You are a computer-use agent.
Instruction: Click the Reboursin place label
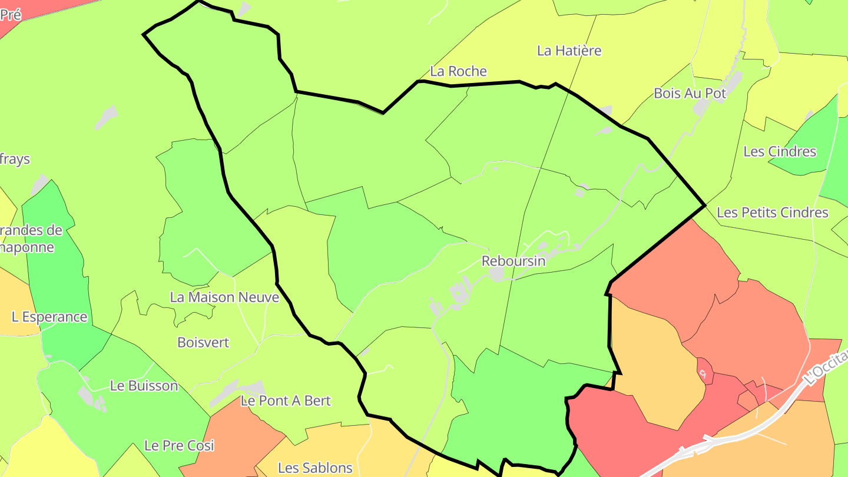pyautogui.click(x=514, y=261)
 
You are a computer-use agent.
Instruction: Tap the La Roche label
pyautogui.click(x=459, y=71)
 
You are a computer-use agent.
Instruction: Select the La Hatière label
pyautogui.click(x=569, y=51)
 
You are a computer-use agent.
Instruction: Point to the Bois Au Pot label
pyautogui.click(x=690, y=93)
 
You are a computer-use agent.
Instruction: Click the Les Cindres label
pyautogui.click(x=780, y=151)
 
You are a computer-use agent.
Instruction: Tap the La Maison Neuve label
pyautogui.click(x=224, y=297)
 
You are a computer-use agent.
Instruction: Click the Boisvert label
pyautogui.click(x=203, y=342)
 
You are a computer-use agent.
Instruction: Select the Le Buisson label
pyautogui.click(x=144, y=386)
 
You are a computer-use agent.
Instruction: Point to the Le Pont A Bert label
pyautogui.click(x=286, y=401)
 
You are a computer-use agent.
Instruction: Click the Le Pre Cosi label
pyautogui.click(x=179, y=446)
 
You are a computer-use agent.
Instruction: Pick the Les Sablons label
pyautogui.click(x=315, y=468)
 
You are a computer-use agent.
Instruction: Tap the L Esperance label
pyautogui.click(x=49, y=317)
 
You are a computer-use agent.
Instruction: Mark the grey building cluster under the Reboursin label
pyautogui.click(x=498, y=274)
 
